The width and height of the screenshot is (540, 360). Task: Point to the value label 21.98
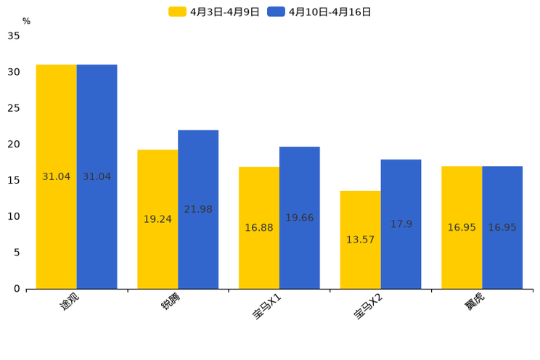coord(198,210)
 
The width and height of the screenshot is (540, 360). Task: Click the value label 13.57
coord(360,240)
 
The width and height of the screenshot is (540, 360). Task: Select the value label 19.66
coord(300,218)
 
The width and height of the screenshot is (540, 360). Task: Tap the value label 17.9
coord(401,224)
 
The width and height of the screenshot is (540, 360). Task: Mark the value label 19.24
coord(157,219)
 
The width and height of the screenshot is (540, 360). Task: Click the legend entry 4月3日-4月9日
coord(215,12)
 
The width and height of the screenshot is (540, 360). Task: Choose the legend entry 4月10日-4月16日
coord(319,12)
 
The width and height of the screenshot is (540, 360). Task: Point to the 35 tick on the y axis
coord(14,36)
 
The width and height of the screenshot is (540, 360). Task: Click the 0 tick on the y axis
coord(17,289)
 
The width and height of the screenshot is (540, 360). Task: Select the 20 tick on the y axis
coord(14,144)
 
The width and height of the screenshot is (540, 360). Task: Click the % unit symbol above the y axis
coord(26,21)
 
